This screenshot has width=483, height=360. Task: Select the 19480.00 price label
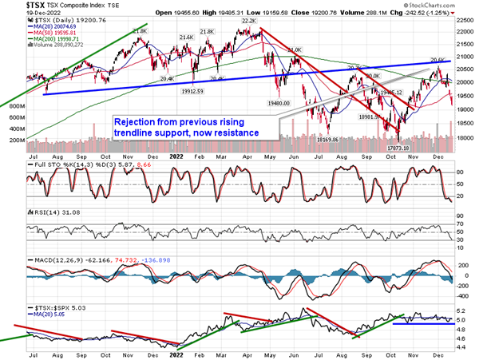pos(283,104)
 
